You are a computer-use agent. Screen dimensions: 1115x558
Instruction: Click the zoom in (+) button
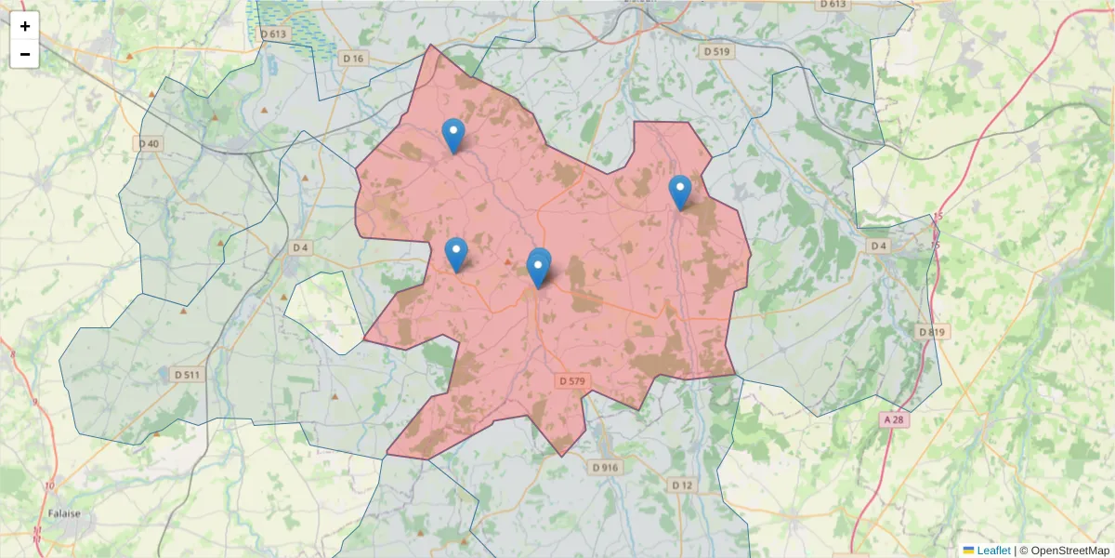[24, 26]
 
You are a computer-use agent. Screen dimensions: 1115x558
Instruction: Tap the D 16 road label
[353, 58]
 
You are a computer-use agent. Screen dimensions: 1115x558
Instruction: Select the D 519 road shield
[716, 51]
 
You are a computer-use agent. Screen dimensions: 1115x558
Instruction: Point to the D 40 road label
[149, 143]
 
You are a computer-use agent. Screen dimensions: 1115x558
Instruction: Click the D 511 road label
[186, 375]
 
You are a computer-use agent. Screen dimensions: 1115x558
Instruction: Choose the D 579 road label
[573, 381]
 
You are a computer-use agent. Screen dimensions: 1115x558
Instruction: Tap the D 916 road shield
[604, 467]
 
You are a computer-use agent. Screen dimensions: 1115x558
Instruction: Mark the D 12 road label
[682, 485]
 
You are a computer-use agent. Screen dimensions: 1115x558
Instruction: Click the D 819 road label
[931, 332]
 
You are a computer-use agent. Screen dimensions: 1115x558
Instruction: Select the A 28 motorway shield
[893, 420]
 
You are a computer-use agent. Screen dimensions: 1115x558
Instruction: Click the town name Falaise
[64, 512]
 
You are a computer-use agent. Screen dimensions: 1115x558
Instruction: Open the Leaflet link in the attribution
[993, 551]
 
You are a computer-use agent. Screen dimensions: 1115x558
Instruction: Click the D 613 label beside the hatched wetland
[274, 33]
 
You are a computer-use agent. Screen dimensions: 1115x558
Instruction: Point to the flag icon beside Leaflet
[968, 551]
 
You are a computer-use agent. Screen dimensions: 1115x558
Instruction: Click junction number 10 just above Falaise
[48, 486]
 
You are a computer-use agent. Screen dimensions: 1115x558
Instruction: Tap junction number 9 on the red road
[34, 402]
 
